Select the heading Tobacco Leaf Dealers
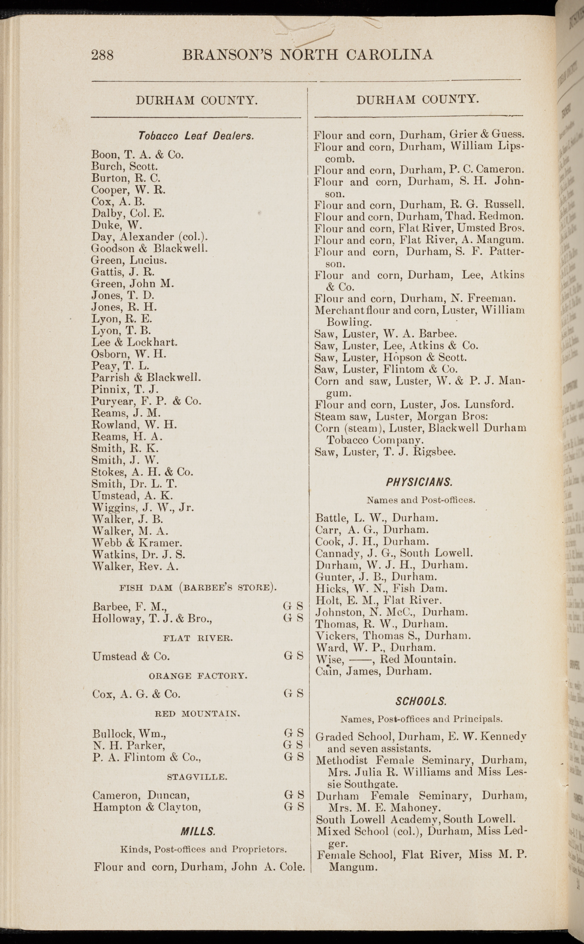coord(196,136)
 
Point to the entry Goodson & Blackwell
coord(150,248)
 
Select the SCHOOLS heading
coord(421,701)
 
